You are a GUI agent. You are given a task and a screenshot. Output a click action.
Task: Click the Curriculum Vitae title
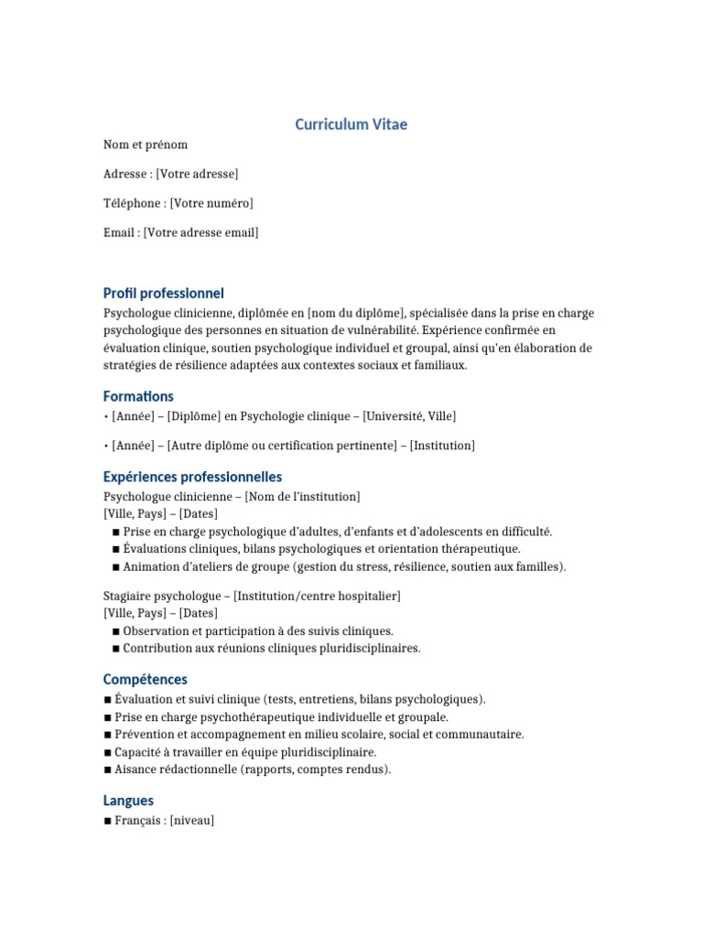(351, 124)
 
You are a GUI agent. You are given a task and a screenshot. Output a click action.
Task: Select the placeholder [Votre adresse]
(197, 174)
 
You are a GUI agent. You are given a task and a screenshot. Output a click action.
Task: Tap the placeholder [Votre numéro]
(211, 203)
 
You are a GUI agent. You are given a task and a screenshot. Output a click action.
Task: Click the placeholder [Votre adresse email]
(201, 232)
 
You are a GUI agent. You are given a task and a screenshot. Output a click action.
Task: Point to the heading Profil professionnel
(163, 294)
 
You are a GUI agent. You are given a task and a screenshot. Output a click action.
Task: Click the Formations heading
(138, 396)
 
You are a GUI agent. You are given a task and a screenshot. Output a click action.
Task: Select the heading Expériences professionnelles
(192, 477)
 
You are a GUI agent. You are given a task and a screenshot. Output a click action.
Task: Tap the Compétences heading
(145, 680)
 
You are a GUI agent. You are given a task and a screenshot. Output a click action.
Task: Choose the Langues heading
(128, 801)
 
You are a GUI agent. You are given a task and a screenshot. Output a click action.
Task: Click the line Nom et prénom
(146, 145)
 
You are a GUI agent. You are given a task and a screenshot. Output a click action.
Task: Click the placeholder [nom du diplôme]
(355, 313)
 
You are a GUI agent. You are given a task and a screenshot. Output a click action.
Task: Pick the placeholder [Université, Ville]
(409, 416)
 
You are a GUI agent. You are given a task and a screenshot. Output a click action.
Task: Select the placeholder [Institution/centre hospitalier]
(317, 596)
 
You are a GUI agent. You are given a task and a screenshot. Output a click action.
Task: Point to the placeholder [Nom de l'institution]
(303, 496)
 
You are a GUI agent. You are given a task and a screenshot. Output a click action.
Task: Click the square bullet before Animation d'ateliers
(116, 566)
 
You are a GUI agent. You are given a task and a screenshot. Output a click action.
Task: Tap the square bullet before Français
(108, 821)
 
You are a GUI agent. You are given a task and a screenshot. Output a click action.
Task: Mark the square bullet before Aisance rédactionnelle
(108, 770)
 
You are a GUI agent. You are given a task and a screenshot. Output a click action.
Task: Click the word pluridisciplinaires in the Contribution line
(367, 649)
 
